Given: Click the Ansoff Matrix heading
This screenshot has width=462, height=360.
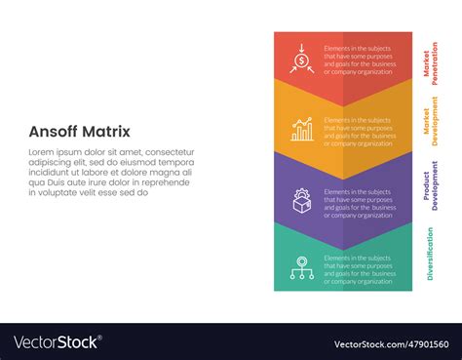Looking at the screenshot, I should click(x=79, y=132).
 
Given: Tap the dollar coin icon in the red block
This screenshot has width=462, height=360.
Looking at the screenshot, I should click(x=302, y=60).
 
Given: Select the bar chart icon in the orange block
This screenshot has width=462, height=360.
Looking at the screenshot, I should click(x=302, y=129).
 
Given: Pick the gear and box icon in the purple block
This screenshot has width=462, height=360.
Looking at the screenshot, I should click(x=302, y=200).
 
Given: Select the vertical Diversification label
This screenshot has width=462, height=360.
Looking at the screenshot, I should click(x=430, y=253).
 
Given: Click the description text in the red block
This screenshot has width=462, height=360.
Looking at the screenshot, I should click(x=361, y=61).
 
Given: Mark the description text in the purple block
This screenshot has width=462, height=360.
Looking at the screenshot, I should click(x=361, y=200).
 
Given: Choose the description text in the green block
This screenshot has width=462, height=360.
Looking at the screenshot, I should click(x=361, y=268).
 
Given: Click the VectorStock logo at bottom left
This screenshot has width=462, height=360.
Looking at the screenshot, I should click(x=57, y=342).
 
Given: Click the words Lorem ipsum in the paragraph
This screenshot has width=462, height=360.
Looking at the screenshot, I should click(x=52, y=152).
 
